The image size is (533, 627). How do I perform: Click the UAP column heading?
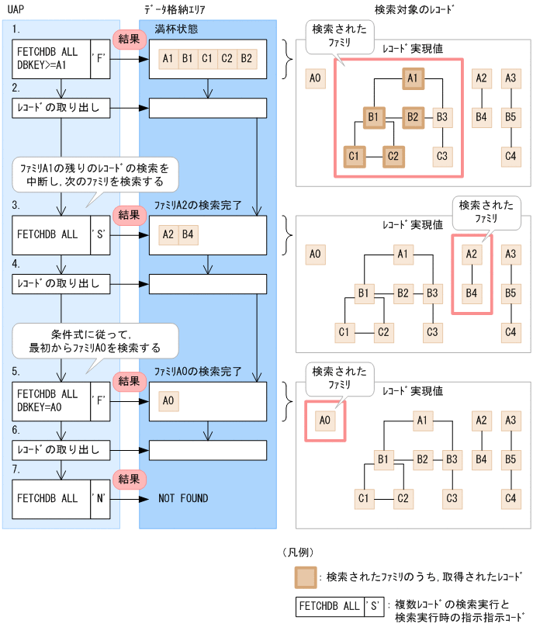click(x=14, y=9)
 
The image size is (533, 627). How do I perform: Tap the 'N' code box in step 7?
click(x=101, y=498)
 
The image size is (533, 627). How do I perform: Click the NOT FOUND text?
click(x=183, y=498)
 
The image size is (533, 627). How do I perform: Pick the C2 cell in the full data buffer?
click(x=227, y=58)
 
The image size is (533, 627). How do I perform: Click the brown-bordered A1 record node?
click(x=414, y=78)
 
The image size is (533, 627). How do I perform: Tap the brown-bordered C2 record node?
click(x=393, y=156)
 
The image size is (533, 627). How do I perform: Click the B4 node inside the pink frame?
click(x=471, y=293)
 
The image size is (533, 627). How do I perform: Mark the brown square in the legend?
click(x=305, y=577)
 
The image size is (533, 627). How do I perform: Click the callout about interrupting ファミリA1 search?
click(x=96, y=174)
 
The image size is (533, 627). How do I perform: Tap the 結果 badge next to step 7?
click(x=129, y=479)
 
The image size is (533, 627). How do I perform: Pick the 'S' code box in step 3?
click(x=101, y=234)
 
